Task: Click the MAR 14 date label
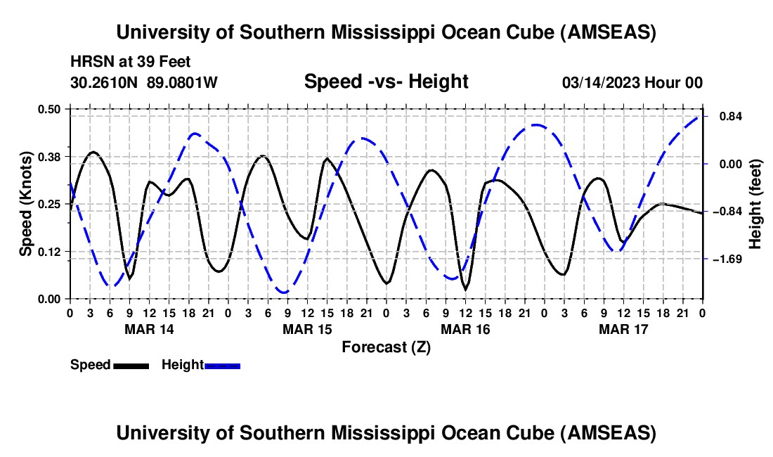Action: pos(149,329)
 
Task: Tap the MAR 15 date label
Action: pos(307,329)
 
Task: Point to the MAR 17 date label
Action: pos(623,329)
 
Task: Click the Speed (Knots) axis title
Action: pos(26,204)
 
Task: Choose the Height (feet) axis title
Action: pos(755,204)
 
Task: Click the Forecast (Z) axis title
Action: pos(386,347)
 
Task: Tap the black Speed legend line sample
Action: pos(131,365)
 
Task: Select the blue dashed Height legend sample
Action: pos(222,365)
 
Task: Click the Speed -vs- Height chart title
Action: pos(386,82)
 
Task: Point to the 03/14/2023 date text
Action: pos(604,83)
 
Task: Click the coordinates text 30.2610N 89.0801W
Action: pos(144,83)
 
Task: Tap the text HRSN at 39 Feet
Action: pos(131,63)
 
